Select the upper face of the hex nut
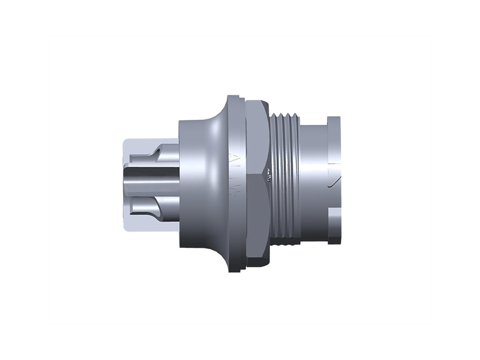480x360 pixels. click(257, 135)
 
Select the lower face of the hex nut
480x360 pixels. click(257, 222)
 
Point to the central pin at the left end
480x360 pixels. click(150, 179)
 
